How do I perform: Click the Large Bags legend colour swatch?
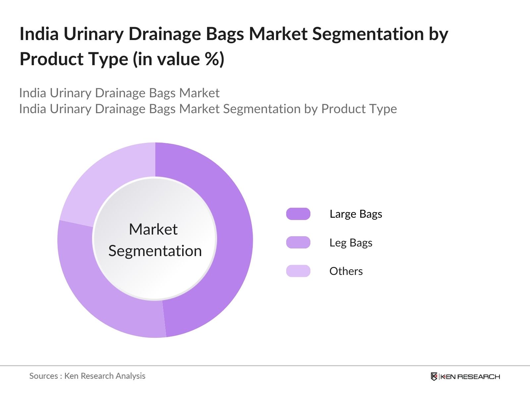click(x=298, y=214)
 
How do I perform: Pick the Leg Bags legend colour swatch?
click(x=298, y=243)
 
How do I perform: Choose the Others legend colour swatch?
click(x=298, y=271)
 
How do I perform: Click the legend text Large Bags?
click(x=356, y=214)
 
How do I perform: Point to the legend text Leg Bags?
click(x=351, y=243)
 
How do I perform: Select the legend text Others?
click(x=346, y=271)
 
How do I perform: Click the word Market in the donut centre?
click(x=153, y=229)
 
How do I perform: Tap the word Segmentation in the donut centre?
click(x=155, y=251)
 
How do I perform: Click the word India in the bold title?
click(x=39, y=34)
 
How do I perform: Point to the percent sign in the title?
click(x=211, y=59)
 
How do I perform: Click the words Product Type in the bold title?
click(x=74, y=59)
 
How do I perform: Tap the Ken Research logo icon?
click(x=434, y=376)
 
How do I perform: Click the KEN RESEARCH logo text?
click(x=470, y=376)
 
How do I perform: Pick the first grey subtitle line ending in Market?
click(x=119, y=93)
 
